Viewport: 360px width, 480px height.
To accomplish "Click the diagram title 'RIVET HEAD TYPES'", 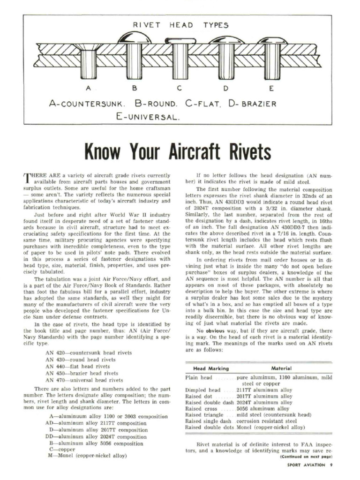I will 180,25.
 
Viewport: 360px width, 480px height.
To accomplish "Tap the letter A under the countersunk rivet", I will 88,87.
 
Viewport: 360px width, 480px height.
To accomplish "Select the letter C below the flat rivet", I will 180,87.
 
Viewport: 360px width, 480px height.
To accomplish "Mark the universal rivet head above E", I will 272,41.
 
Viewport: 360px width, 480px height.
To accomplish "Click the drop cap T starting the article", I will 27,178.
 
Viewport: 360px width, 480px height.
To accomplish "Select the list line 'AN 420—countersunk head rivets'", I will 88,352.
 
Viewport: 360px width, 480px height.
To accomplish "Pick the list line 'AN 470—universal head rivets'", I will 84,380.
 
